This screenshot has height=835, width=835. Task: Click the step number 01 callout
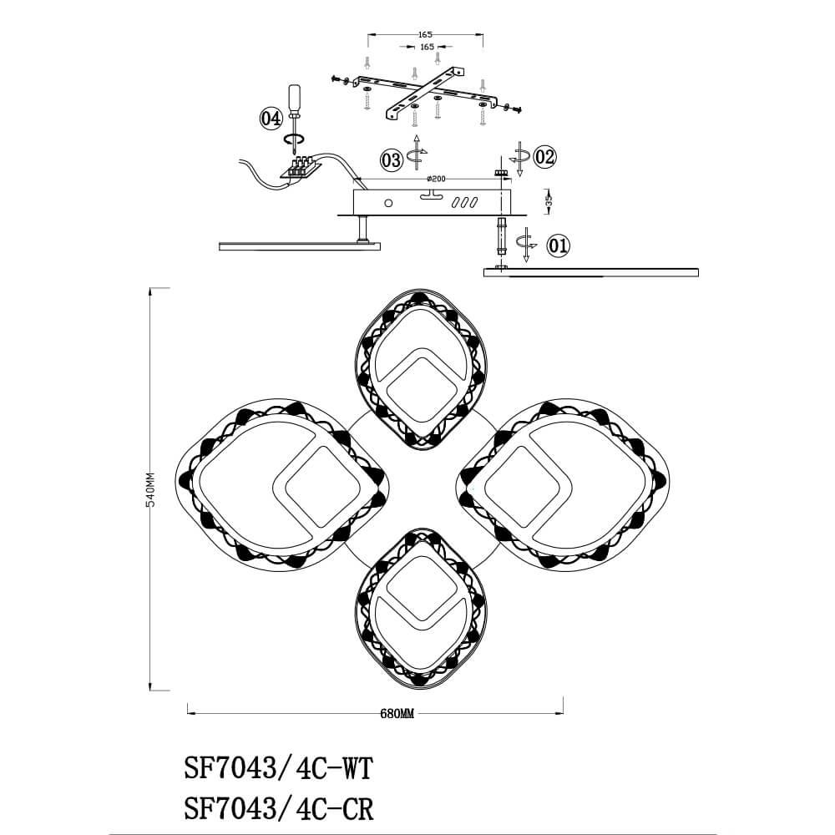click(559, 246)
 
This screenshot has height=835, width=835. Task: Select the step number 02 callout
click(544, 157)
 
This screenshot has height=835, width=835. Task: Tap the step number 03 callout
click(392, 159)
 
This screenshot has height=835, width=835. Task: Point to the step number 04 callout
click(271, 119)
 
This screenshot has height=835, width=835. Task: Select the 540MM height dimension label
click(150, 489)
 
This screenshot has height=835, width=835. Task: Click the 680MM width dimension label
click(397, 714)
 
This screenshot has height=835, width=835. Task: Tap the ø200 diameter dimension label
click(437, 179)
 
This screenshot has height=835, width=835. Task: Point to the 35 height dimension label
click(549, 200)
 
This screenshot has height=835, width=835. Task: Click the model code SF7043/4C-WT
click(279, 768)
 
